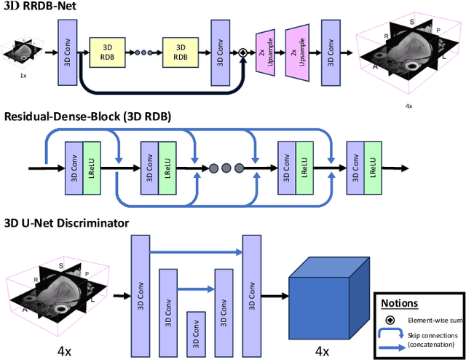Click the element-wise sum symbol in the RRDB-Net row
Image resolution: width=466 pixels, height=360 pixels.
click(243, 52)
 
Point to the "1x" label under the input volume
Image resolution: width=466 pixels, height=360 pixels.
click(23, 74)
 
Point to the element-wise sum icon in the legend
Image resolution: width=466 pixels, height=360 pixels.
click(391, 320)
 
